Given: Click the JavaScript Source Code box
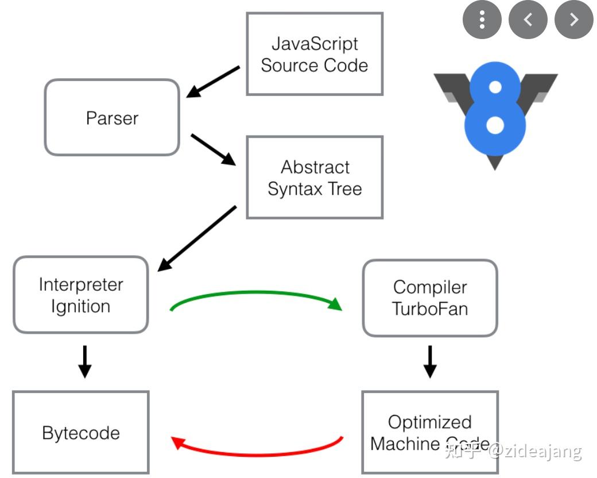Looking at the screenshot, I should coord(314,54).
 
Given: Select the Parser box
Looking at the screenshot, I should coord(112,118).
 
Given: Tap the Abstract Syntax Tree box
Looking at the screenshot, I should coord(315,178).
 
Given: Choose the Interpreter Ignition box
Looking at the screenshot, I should coord(80,295).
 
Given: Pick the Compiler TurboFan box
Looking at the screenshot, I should coord(429,298).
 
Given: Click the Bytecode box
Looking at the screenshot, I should coord(80,433).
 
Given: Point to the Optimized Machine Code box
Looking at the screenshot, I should coord(429,433).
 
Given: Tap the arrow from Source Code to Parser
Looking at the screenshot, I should coord(214,82).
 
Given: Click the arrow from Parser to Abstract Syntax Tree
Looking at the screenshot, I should coord(214,150).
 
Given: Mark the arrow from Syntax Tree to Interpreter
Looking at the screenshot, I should coord(197,238).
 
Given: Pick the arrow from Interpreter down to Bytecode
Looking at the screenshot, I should coord(84,361).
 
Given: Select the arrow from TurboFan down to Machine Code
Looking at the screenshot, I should coord(429,361).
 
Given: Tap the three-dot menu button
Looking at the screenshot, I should coord(482,20).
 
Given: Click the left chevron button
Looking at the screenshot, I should coord(528,20).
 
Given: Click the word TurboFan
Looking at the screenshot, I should coord(429,309).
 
